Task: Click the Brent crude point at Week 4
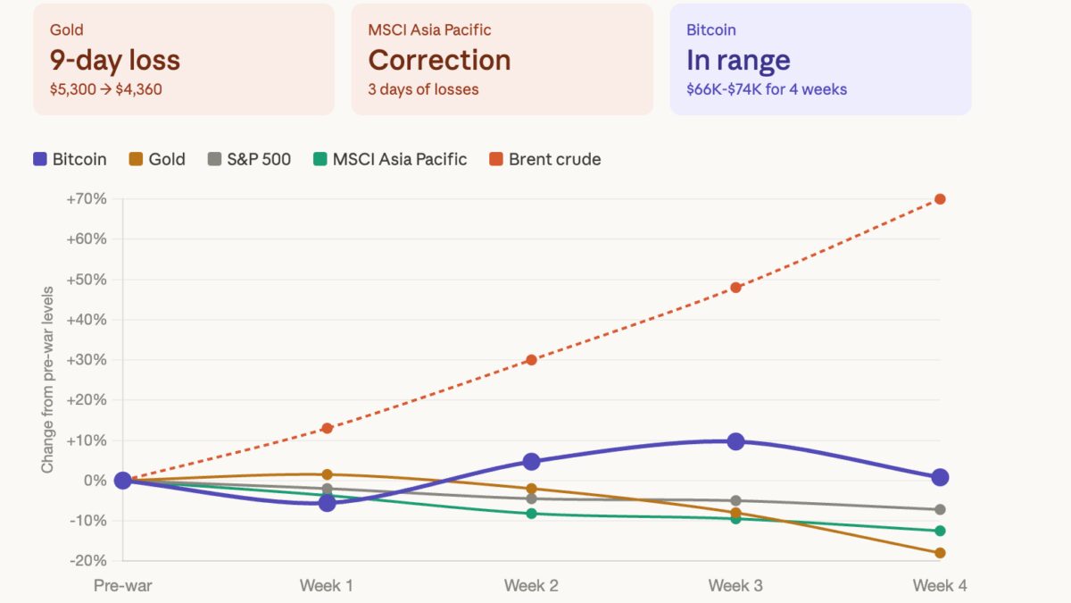click(940, 199)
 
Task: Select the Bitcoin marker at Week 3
click(735, 441)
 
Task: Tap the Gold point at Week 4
click(940, 553)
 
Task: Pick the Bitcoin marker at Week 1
click(327, 503)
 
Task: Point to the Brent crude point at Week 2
click(531, 360)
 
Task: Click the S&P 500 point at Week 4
click(940, 509)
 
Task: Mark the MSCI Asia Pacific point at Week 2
click(531, 514)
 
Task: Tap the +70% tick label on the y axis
click(87, 199)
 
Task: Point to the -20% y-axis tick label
click(87, 560)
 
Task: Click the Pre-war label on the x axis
click(123, 586)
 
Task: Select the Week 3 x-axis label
click(735, 586)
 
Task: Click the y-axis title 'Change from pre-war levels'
click(47, 380)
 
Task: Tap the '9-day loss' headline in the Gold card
click(115, 60)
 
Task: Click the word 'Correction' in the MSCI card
click(439, 60)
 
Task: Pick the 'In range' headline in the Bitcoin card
click(738, 60)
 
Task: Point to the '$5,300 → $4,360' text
click(106, 89)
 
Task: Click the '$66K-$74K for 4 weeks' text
click(767, 89)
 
